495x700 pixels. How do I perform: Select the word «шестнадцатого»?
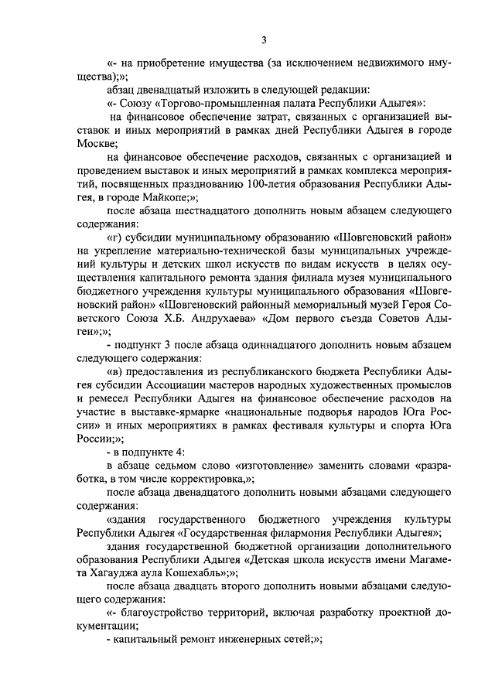pyautogui.click(x=214, y=210)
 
